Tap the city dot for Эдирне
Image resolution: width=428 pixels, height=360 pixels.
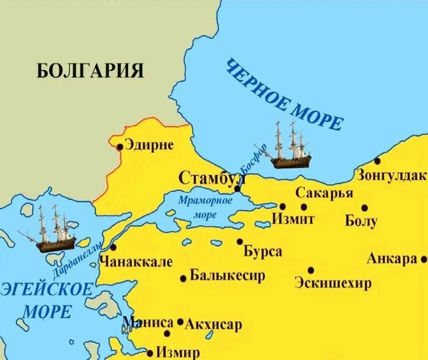(x=120, y=147)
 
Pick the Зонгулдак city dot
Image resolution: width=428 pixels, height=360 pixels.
(x=377, y=161)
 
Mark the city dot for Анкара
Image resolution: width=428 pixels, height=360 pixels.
(x=424, y=260)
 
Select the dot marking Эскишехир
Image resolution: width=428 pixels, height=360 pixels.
(x=311, y=270)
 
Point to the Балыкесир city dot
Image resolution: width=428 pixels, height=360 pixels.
(x=183, y=279)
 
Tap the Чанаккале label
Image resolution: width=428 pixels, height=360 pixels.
(x=136, y=261)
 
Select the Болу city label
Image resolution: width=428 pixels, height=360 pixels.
(x=361, y=221)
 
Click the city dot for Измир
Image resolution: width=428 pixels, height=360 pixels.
(x=150, y=353)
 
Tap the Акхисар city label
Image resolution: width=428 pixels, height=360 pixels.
(x=213, y=325)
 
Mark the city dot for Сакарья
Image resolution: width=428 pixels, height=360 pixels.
(x=304, y=207)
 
